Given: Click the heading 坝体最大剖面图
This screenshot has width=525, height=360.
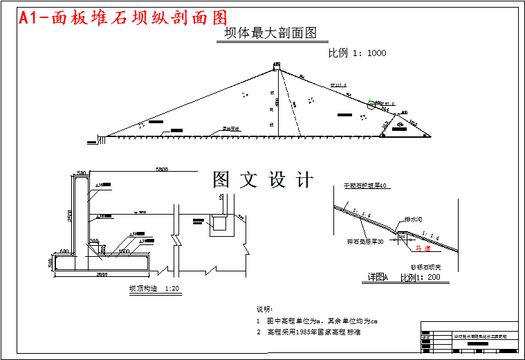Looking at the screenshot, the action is click(x=270, y=33).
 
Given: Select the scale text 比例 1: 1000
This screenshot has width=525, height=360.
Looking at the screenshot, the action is click(x=357, y=53).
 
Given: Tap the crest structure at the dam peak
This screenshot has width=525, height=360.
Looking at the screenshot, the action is click(x=277, y=66).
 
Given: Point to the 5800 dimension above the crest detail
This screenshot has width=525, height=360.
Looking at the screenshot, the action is click(x=163, y=170).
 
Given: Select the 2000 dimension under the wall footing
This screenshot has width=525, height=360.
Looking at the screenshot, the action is click(x=101, y=275).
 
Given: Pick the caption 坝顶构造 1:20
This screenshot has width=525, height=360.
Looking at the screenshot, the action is click(x=152, y=288).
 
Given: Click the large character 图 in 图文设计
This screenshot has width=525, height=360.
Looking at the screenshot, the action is click(x=221, y=180).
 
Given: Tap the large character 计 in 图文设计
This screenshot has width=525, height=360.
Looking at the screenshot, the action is click(x=304, y=180).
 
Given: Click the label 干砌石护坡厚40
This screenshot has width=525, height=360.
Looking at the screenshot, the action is click(x=368, y=186).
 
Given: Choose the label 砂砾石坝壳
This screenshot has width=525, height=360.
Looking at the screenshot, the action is click(x=426, y=267).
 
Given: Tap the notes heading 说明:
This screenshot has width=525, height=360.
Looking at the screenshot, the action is click(x=265, y=309).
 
